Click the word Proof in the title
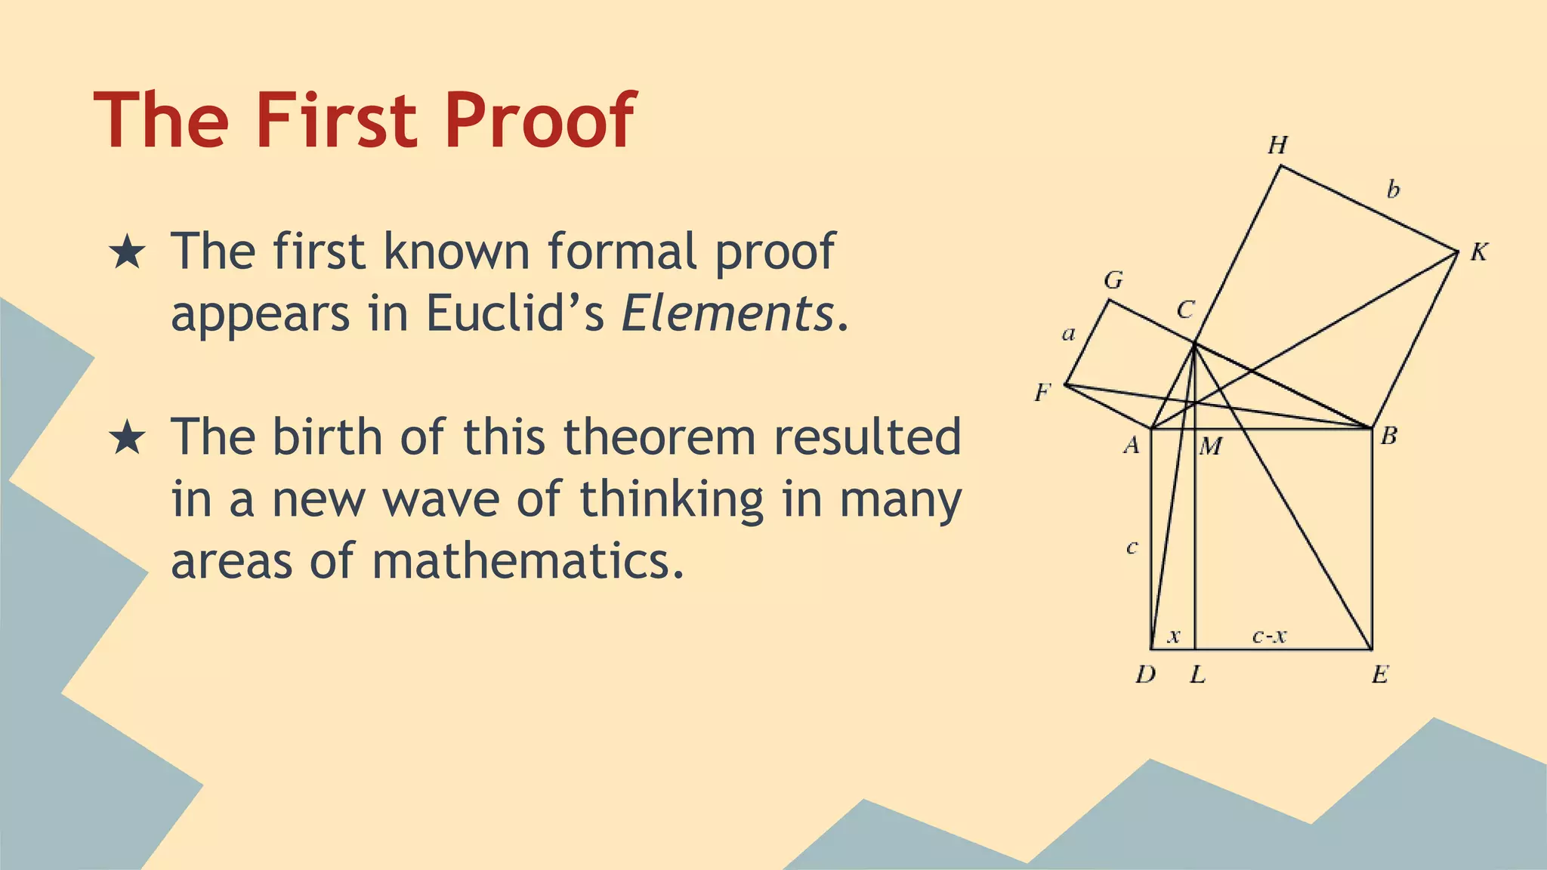(540, 121)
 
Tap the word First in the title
(336, 121)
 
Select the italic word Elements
(727, 313)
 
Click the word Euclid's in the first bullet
(515, 313)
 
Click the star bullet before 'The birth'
(127, 438)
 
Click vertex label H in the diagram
(1277, 145)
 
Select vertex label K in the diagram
(1478, 252)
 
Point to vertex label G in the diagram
(1113, 281)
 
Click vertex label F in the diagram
(1042, 393)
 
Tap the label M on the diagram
(1210, 447)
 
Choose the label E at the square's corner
(1380, 674)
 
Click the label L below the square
(1197, 674)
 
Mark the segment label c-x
(1269, 637)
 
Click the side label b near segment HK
(1393, 189)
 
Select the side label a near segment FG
(1068, 334)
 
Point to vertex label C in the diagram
(1185, 310)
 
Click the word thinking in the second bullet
(672, 500)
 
